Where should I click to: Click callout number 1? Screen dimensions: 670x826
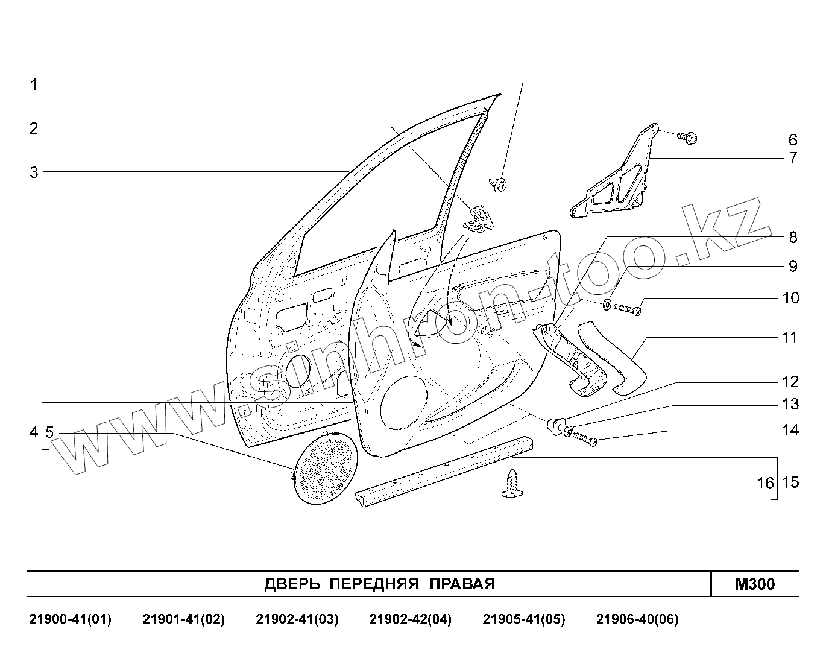pos(34,84)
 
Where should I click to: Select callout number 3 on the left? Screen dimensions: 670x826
pos(34,172)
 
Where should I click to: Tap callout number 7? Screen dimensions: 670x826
pos(793,159)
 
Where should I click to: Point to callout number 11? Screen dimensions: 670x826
pos(789,337)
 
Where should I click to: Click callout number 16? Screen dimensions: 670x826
pos(765,484)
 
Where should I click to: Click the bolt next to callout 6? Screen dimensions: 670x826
pos(687,138)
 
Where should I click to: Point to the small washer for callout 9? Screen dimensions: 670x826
pos(607,302)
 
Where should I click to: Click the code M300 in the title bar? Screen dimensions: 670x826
pos(755,584)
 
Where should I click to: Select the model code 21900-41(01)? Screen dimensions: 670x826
pos(70,619)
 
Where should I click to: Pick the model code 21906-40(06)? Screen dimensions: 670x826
pos(637,619)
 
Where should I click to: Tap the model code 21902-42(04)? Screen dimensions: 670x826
pos(410,619)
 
